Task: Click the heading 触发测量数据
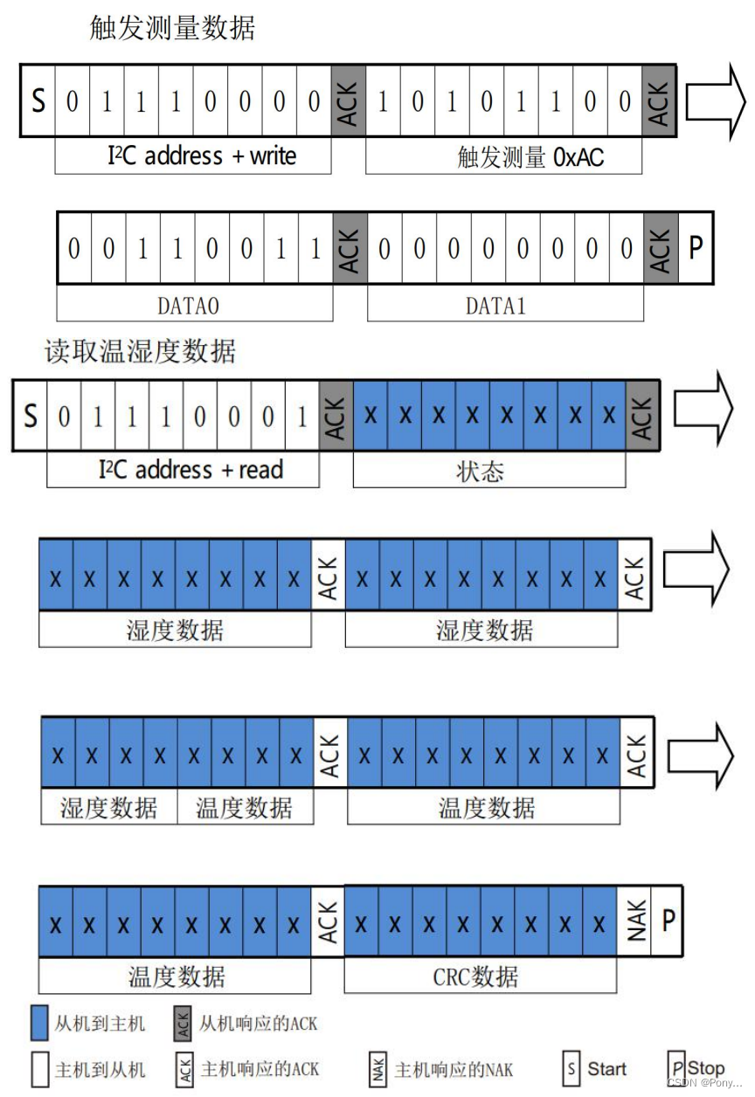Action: pos(172,28)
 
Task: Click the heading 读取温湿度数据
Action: pos(140,351)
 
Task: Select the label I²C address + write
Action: pos(202,156)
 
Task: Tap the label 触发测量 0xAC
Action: pos(530,157)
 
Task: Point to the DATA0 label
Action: pos(194,306)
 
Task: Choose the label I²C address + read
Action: pos(190,470)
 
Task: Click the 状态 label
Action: pos(480,472)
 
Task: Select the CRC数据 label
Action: pos(475,976)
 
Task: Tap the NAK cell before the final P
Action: pos(637,921)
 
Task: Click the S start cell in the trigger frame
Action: pos(38,101)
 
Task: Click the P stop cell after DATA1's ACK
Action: pos(696,248)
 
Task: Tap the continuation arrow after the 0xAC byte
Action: pos(715,102)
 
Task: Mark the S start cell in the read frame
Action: pos(31,416)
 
